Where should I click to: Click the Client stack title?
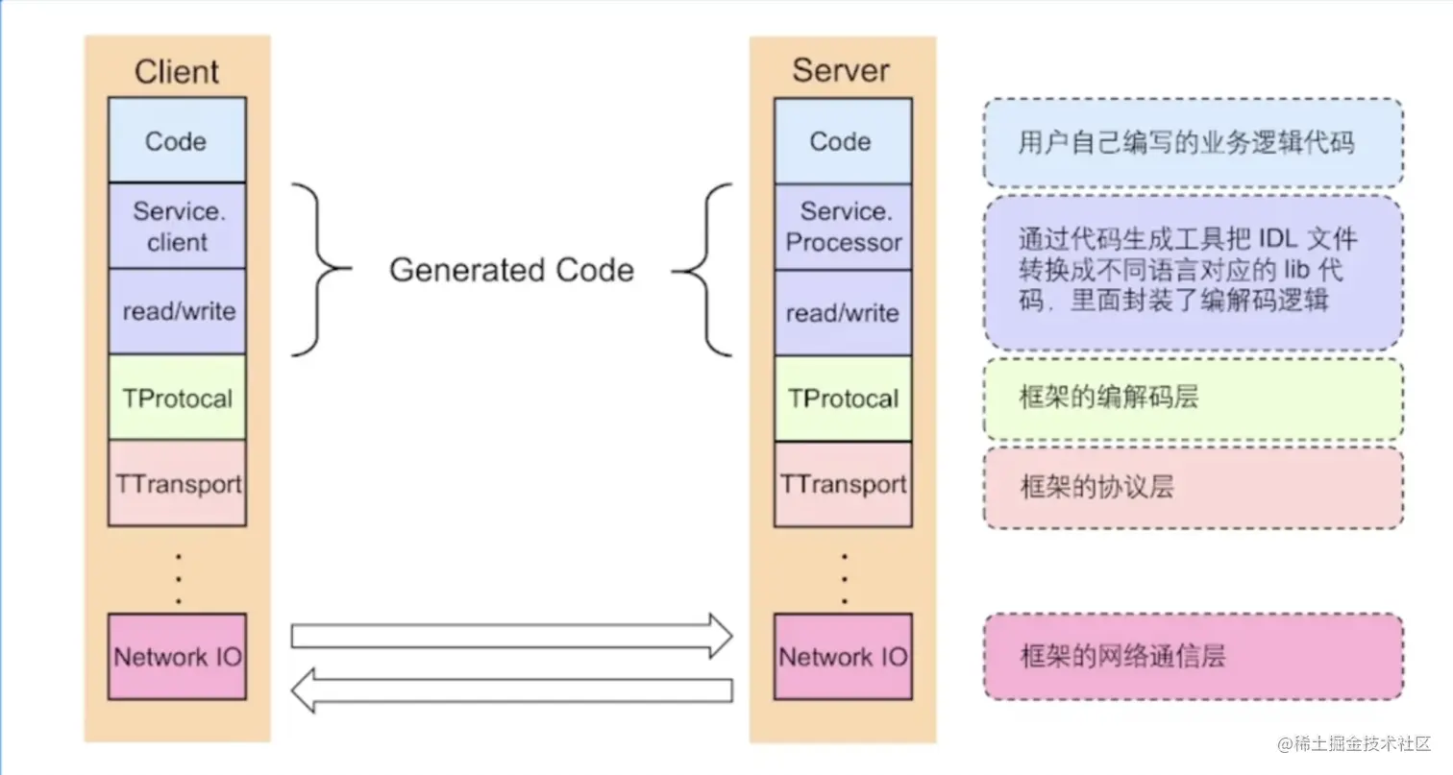tap(177, 72)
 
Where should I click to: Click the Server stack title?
tap(841, 70)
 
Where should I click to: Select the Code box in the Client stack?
tap(177, 141)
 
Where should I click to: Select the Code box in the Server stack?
tap(842, 141)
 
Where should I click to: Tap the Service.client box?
tap(177, 226)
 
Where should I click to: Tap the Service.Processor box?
tap(843, 227)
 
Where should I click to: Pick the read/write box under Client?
tap(177, 311)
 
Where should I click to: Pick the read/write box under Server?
tap(843, 313)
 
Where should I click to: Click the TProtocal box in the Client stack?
tap(177, 398)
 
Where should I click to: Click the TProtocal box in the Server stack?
tap(843, 399)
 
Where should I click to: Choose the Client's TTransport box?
tap(177, 483)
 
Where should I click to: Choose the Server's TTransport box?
tap(843, 484)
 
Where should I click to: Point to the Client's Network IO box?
tap(177, 657)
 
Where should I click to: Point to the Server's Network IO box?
tap(843, 657)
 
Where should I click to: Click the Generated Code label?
tap(511, 270)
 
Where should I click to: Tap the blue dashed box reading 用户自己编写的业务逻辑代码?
tap(1193, 143)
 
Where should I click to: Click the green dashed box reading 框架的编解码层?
tap(1193, 399)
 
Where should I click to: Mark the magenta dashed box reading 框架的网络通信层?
tap(1193, 657)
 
